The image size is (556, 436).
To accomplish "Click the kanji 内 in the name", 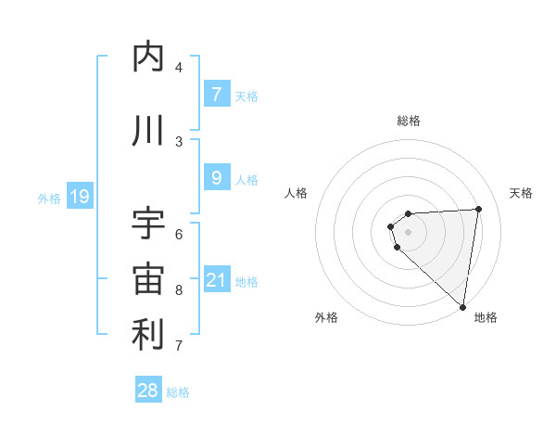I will tap(148, 57).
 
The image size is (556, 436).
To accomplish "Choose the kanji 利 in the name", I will tap(148, 335).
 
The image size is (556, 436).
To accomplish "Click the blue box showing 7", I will tap(216, 94).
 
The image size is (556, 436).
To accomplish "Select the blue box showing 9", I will tap(216, 177).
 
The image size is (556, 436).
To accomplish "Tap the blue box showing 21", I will tap(216, 279).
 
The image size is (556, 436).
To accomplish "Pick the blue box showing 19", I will tap(79, 197).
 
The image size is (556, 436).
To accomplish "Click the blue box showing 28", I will tap(148, 391).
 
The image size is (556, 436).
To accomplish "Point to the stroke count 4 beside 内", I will tap(179, 68).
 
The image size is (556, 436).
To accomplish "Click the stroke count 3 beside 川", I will tap(179, 141).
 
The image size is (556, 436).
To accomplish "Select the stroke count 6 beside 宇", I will tap(179, 234).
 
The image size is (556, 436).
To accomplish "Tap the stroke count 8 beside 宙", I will tap(179, 290).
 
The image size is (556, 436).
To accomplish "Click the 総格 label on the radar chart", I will tap(408, 121).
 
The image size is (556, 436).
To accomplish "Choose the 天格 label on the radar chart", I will tap(521, 193).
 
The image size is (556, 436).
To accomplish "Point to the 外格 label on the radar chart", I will tap(325, 318).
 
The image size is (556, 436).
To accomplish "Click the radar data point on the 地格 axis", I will tap(463, 307).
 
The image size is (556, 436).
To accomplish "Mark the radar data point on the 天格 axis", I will tap(478, 209).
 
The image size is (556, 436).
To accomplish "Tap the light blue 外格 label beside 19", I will tap(48, 199).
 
